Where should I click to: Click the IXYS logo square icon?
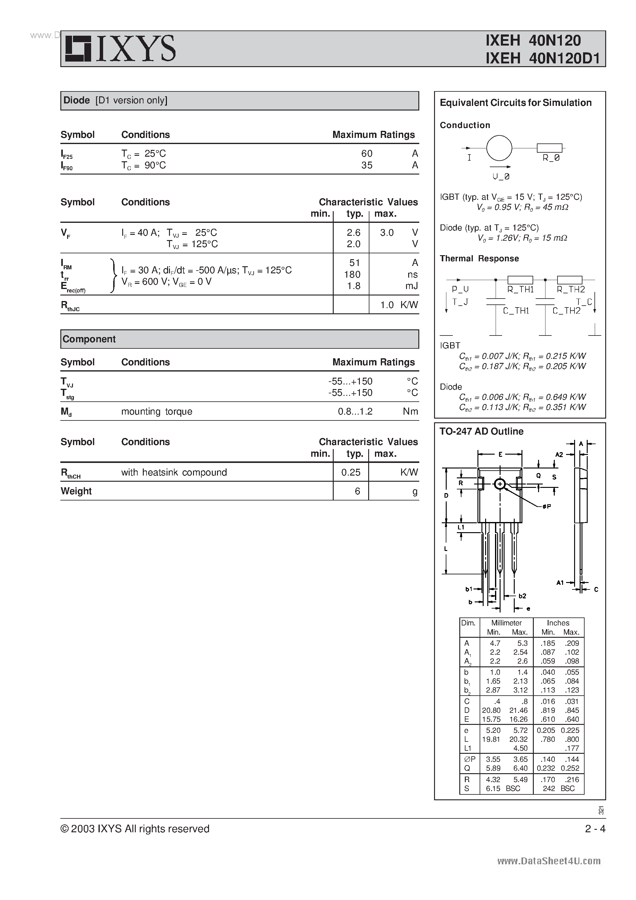[x=78, y=49]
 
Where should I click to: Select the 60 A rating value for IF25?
[x=367, y=153]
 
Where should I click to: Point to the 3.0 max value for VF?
[x=387, y=232]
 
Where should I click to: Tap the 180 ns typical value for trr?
[x=352, y=274]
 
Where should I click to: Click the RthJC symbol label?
[x=70, y=306]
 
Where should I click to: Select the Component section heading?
[x=89, y=339]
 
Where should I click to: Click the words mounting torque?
[x=156, y=412]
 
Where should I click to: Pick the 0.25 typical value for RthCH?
[x=351, y=472]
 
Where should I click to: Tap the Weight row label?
[x=76, y=491]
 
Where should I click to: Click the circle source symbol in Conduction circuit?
[x=499, y=148]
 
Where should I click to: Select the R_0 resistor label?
[x=551, y=158]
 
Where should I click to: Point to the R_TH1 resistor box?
[x=520, y=279]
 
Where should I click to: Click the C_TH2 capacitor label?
[x=566, y=311]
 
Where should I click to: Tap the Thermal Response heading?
[x=479, y=259]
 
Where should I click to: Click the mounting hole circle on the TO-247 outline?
[x=500, y=484]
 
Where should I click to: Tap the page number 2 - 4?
[x=595, y=829]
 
